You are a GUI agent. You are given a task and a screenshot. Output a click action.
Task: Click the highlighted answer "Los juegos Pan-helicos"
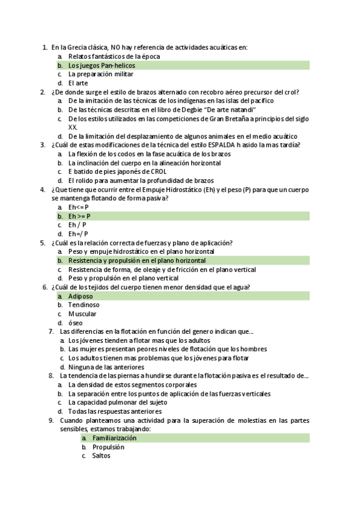coord(102,65)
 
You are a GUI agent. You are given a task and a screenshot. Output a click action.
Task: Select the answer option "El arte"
coord(78,83)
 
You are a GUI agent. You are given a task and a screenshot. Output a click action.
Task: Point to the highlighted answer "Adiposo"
coord(80,296)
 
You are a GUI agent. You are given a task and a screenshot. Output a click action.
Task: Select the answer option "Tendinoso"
coord(84,305)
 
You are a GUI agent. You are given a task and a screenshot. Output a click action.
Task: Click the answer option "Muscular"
coord(82,314)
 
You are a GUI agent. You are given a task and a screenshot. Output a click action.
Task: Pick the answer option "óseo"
coord(76,323)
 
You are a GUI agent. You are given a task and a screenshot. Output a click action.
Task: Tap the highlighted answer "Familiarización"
coord(114,438)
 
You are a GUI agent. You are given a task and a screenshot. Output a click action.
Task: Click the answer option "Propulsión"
coord(108,447)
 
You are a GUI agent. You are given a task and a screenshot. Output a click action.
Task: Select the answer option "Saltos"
coord(101,456)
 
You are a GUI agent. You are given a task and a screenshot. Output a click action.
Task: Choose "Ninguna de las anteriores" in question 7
coord(106,367)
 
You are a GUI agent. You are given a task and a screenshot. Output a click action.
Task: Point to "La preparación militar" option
coord(100,74)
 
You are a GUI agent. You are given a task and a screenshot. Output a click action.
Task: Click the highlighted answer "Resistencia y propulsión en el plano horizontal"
coord(136,260)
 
